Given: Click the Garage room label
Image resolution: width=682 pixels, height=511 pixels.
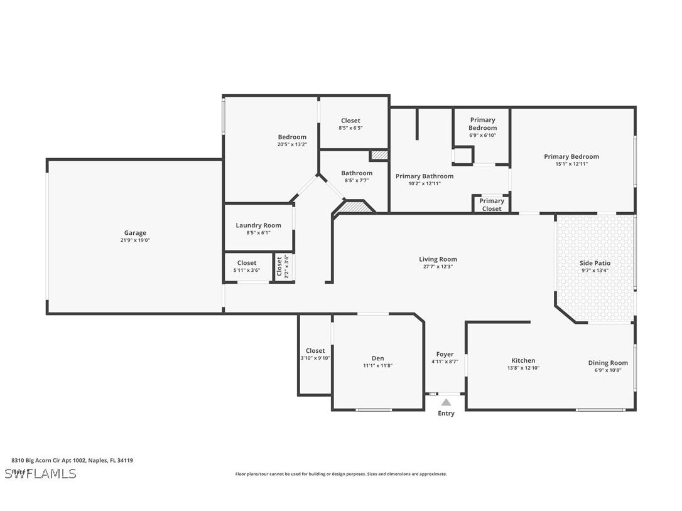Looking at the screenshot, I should point(134,233).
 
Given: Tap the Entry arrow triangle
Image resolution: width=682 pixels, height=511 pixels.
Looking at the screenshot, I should point(445,402).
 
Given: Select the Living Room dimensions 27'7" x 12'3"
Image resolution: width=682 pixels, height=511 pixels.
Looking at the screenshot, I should point(438,267).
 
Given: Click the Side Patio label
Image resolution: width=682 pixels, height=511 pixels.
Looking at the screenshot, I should point(594,263).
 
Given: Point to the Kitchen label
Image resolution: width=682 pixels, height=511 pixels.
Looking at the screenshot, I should point(523,360).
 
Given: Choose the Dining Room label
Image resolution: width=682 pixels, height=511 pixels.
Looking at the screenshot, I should point(607,362).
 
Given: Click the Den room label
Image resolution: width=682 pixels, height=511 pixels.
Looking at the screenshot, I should point(377,358).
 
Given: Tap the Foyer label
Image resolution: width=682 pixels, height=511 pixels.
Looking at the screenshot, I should point(445,354).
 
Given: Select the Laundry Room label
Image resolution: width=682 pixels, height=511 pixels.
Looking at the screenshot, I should point(258,225).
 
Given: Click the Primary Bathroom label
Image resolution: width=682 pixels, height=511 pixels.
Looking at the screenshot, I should point(424,176).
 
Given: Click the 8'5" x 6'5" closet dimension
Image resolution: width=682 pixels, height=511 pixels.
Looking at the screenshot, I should point(350,128).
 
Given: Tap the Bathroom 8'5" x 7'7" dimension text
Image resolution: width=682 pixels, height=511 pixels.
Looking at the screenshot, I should point(356,180).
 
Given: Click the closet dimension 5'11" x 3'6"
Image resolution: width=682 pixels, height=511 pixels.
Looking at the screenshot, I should point(246,271).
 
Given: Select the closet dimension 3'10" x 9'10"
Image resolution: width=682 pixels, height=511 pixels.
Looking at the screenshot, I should point(315,358).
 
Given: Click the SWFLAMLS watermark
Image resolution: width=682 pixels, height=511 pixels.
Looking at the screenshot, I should point(40,473).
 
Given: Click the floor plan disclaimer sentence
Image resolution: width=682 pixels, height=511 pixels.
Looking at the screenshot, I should point(341,474).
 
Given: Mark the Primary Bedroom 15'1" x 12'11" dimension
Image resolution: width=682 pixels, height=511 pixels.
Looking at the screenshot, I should point(571,164).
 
